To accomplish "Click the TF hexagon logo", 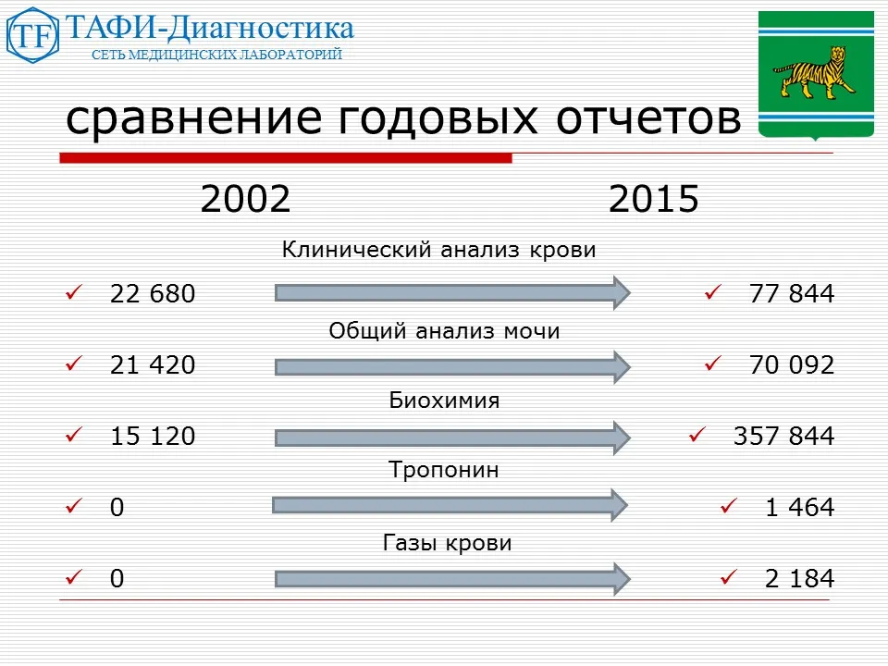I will tap(31, 36).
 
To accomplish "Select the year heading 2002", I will tap(245, 199).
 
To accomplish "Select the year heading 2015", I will tap(653, 199).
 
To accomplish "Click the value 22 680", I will tap(153, 294).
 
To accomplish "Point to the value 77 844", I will tap(791, 294).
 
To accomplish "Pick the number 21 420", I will tap(153, 365).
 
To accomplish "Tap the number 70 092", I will tap(791, 365).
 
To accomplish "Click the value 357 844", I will tap(783, 436).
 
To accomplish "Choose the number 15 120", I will tap(153, 436).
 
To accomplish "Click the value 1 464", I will tap(799, 507).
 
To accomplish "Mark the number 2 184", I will tap(799, 579).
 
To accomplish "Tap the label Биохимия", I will tap(443, 401).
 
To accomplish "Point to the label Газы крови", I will tap(447, 543).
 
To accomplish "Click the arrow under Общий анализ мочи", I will tap(451, 366).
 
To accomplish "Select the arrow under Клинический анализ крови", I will tap(451, 293).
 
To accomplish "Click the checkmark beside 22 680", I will tap(74, 293).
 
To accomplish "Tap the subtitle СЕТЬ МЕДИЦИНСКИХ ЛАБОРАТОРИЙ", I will tap(217, 55).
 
